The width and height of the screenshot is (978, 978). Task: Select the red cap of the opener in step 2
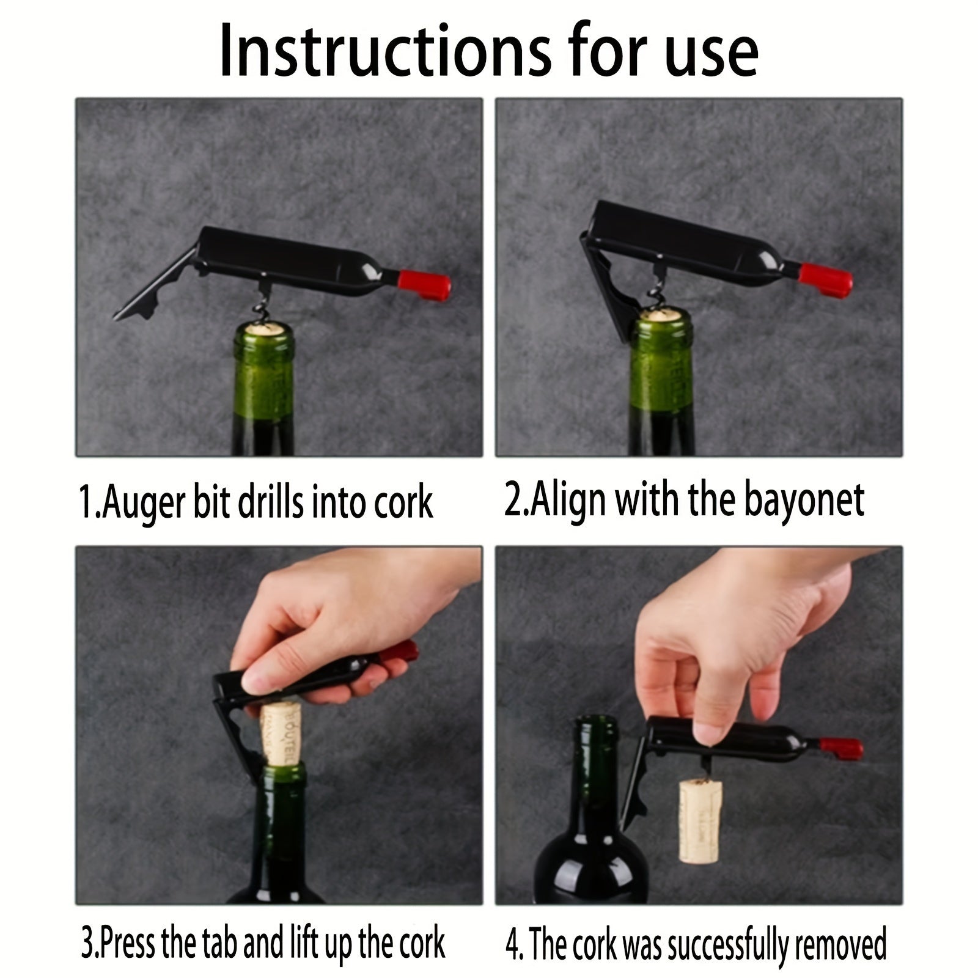[826, 279]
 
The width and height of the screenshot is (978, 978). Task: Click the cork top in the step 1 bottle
[265, 329]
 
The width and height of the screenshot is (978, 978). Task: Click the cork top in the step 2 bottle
[663, 316]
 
